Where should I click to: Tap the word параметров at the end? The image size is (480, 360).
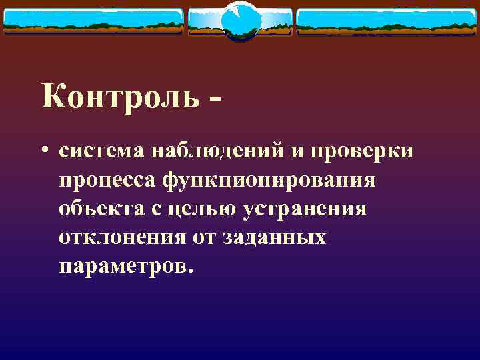click(x=126, y=267)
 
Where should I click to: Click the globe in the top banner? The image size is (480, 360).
click(x=239, y=20)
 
